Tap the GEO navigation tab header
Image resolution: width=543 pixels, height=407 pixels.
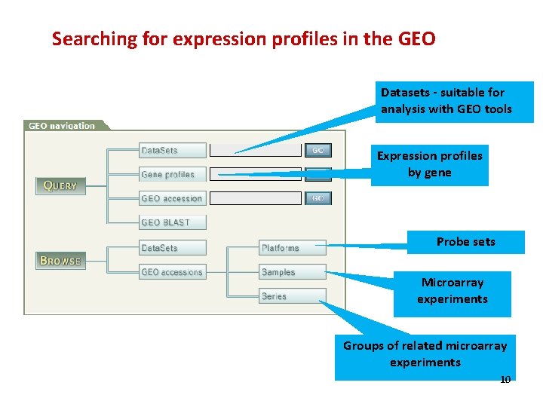(x=63, y=126)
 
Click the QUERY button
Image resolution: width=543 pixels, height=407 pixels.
(x=60, y=185)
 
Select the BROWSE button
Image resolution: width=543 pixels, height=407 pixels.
(x=60, y=261)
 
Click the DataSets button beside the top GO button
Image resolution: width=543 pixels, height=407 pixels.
(x=172, y=151)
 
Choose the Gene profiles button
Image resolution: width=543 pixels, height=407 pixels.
(x=172, y=175)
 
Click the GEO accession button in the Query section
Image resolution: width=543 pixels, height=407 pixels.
(x=172, y=199)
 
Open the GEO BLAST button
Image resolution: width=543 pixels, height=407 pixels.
(x=172, y=222)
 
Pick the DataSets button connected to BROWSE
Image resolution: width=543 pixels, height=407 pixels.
(x=172, y=248)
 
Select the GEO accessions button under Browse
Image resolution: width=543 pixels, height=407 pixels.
(x=172, y=272)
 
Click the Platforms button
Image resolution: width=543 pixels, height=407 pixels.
(x=293, y=248)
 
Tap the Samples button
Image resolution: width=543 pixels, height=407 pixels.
(x=293, y=272)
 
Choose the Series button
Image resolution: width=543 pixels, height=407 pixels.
(x=293, y=296)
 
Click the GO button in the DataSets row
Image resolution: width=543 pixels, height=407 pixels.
(x=318, y=151)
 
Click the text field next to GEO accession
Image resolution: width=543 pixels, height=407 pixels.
(x=255, y=199)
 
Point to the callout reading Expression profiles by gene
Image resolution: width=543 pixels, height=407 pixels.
(x=430, y=164)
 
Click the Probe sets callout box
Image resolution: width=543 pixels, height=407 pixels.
(x=466, y=242)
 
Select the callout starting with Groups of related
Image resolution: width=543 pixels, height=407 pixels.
(x=425, y=354)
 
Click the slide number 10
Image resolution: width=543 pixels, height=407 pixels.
(x=505, y=379)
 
